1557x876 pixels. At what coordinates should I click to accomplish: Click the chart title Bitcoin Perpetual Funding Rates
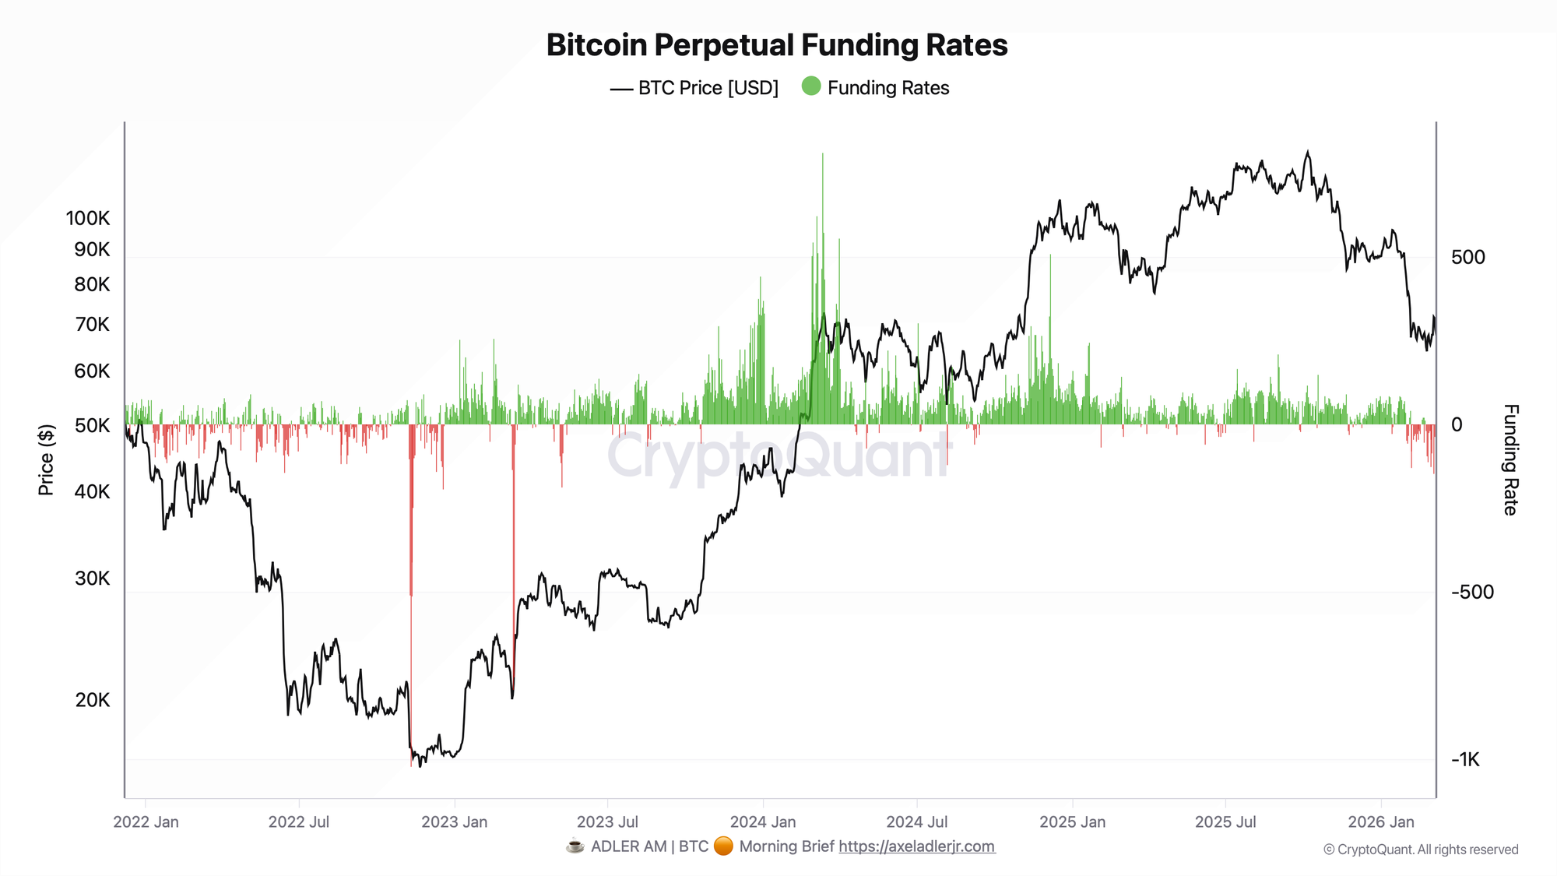pyautogui.click(x=777, y=45)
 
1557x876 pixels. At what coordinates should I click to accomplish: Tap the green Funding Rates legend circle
pyautogui.click(x=811, y=86)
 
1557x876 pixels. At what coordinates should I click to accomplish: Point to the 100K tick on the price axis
pyautogui.click(x=88, y=218)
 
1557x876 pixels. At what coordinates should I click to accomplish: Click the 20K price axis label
pyautogui.click(x=93, y=700)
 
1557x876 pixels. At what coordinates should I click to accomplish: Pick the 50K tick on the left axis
pyautogui.click(x=93, y=426)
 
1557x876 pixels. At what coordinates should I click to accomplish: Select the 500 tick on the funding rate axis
pyautogui.click(x=1468, y=257)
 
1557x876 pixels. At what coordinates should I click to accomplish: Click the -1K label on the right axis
pyautogui.click(x=1465, y=759)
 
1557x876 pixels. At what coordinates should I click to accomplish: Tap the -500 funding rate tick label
pyautogui.click(x=1472, y=592)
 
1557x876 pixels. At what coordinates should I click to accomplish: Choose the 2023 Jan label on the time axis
pyautogui.click(x=455, y=821)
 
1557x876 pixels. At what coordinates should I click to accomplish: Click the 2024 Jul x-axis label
pyautogui.click(x=917, y=821)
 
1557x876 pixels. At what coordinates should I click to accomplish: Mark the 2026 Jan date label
pyautogui.click(x=1381, y=821)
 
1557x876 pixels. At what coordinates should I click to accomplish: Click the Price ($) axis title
pyautogui.click(x=46, y=460)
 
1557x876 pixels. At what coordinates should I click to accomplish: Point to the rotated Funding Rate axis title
pyautogui.click(x=1510, y=460)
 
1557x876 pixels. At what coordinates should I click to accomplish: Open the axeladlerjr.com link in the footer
pyautogui.click(x=916, y=846)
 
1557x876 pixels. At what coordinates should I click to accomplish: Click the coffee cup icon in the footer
pyautogui.click(x=575, y=846)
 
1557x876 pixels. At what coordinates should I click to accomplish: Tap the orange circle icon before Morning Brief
pyautogui.click(x=723, y=846)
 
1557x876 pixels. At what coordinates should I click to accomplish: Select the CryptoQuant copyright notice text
pyautogui.click(x=1421, y=850)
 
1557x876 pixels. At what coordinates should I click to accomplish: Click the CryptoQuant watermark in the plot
pyautogui.click(x=778, y=456)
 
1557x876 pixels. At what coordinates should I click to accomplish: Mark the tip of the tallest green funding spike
pyautogui.click(x=822, y=154)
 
